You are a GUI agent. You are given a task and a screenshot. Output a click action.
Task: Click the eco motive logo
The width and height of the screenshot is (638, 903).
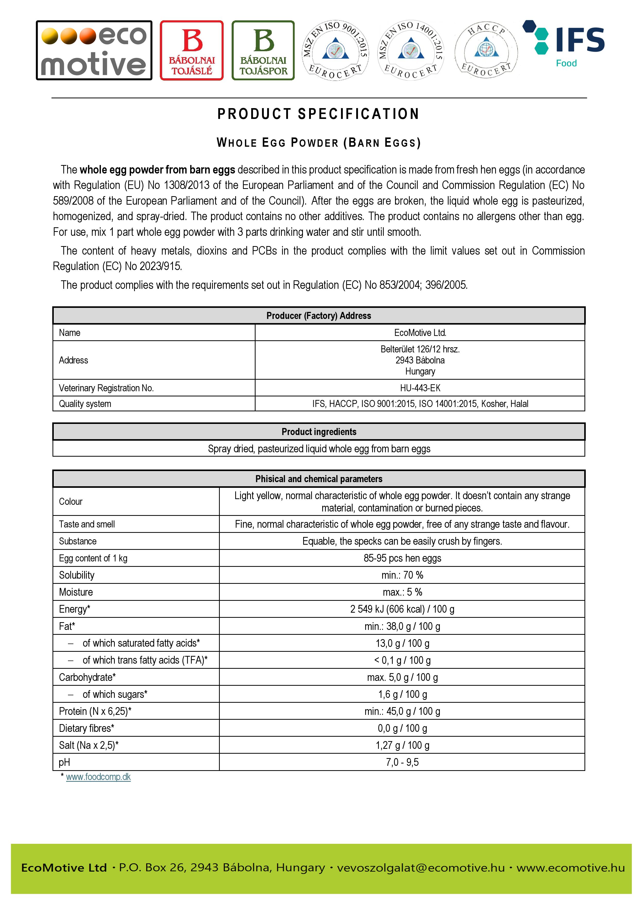[94, 50]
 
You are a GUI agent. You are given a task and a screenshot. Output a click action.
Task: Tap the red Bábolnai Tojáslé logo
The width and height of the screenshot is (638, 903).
[192, 50]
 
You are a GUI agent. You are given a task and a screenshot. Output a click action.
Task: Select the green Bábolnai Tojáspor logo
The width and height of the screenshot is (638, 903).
[263, 50]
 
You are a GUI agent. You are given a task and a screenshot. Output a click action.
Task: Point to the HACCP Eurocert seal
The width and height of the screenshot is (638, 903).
[486, 50]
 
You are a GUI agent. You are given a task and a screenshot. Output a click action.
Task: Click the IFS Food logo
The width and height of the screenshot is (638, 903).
[564, 44]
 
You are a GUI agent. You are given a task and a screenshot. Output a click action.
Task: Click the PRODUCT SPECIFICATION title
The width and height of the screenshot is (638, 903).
[318, 114]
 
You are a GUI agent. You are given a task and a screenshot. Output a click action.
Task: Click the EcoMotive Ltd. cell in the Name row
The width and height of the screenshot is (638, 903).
[420, 333]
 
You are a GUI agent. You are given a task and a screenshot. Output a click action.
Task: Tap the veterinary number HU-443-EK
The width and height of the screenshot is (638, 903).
[420, 388]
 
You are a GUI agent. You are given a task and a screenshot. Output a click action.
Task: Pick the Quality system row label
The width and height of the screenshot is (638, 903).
[85, 404]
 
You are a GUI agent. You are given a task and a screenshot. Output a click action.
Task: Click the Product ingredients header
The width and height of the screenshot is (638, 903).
[318, 432]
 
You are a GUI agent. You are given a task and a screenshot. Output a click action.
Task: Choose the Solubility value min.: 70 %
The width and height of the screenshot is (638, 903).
[402, 575]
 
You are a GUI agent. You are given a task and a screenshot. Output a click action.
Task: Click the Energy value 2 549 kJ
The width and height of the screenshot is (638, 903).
[402, 609]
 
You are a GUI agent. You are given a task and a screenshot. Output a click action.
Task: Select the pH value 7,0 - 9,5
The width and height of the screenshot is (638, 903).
[402, 762]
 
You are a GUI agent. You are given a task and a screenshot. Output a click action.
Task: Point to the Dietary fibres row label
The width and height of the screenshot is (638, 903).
[86, 728]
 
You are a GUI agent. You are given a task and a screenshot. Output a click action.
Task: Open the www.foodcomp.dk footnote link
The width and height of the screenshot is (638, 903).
[98, 777]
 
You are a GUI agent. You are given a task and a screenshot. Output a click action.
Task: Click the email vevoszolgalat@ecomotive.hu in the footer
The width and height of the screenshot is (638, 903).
[421, 867]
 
